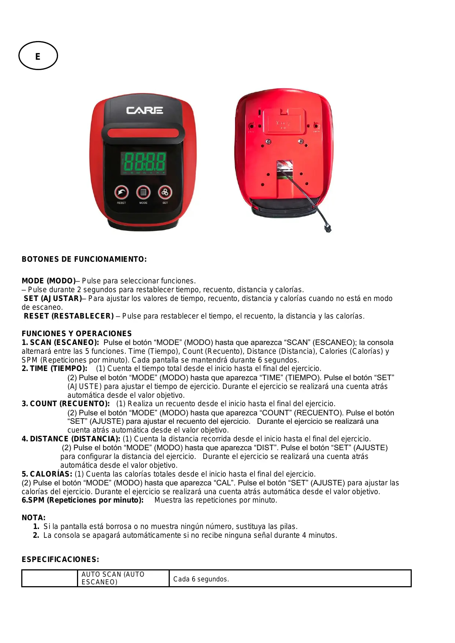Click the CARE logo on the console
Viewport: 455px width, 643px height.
click(x=144, y=110)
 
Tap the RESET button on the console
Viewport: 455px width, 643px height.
click(x=121, y=192)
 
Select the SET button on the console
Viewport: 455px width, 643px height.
click(x=165, y=192)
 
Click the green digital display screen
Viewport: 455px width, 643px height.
click(x=143, y=163)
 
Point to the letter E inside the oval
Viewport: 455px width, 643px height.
click(x=38, y=56)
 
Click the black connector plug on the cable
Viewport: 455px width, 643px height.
click(x=327, y=228)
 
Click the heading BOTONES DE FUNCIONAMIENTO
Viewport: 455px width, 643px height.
click(x=84, y=260)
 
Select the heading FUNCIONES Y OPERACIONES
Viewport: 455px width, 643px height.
click(x=77, y=334)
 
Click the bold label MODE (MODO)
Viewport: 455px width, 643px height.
click(x=48, y=281)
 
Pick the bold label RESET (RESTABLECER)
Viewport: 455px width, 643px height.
click(x=69, y=316)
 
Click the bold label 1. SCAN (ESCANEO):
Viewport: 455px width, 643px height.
click(x=60, y=342)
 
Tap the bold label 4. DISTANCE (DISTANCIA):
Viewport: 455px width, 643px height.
click(x=71, y=439)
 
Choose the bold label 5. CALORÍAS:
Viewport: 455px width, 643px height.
click(x=47, y=474)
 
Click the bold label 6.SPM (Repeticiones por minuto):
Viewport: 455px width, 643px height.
click(x=82, y=500)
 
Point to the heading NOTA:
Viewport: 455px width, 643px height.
click(x=33, y=518)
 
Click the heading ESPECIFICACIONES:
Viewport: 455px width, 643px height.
click(x=60, y=559)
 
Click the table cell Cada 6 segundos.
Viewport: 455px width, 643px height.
click(x=201, y=579)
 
